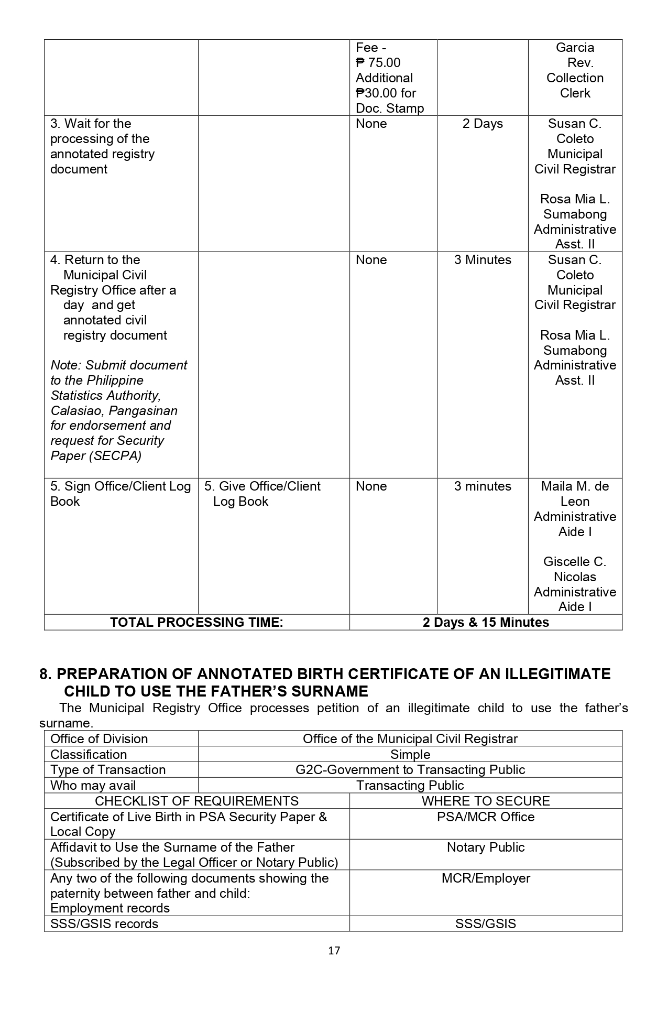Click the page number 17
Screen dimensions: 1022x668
(334, 950)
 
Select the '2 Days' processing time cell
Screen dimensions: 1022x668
(482, 124)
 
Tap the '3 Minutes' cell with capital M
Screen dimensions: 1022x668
(482, 260)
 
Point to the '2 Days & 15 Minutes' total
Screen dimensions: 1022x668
(486, 622)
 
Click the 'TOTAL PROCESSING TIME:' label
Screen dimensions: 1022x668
(196, 622)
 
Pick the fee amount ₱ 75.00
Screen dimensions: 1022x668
(378, 63)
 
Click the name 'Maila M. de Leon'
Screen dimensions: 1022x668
(575, 494)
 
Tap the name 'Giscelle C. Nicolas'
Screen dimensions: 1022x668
(575, 569)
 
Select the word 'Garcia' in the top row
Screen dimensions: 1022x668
(575, 48)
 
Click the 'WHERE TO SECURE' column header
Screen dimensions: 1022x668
(486, 801)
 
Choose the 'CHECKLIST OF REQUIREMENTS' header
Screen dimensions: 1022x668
(196, 801)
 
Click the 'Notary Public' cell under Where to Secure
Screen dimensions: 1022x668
(486, 847)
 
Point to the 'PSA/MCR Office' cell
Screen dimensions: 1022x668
(486, 817)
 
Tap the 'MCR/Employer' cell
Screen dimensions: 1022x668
(486, 878)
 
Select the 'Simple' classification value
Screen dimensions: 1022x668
(410, 754)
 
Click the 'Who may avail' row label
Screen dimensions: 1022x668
(93, 785)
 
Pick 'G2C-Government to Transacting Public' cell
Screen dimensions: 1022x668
(410, 769)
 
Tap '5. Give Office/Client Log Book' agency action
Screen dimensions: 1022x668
(262, 494)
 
